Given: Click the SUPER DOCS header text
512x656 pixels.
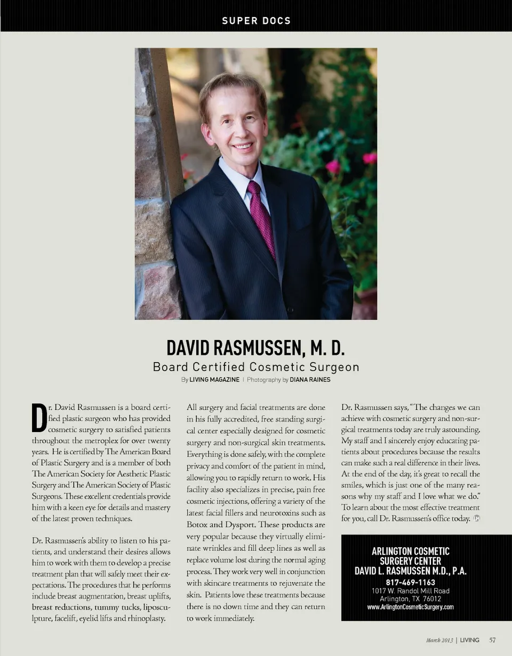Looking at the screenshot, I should coord(256,21).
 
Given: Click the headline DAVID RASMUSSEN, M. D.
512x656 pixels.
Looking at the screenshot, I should coord(255,348).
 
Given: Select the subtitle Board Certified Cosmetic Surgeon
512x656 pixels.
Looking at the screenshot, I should coord(256,367).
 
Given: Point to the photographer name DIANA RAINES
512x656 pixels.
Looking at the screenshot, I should coord(310,380).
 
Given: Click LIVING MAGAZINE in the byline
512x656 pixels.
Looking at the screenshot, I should coord(214,380).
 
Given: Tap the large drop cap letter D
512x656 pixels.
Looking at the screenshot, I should coord(39,418).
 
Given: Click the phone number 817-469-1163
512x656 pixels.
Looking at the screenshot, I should coord(411,582).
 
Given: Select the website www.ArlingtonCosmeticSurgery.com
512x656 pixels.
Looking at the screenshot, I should coord(411,607).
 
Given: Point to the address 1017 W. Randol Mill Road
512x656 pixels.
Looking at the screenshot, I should coord(411,591).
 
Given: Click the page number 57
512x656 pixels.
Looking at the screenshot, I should coord(493,640).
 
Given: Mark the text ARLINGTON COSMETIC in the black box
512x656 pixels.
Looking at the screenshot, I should coord(411,552).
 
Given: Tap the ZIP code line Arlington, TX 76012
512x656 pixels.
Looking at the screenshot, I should coord(411,599).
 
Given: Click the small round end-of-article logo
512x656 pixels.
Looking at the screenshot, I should coord(476,519).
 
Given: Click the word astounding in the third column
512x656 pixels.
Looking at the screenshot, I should coord(460,430).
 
